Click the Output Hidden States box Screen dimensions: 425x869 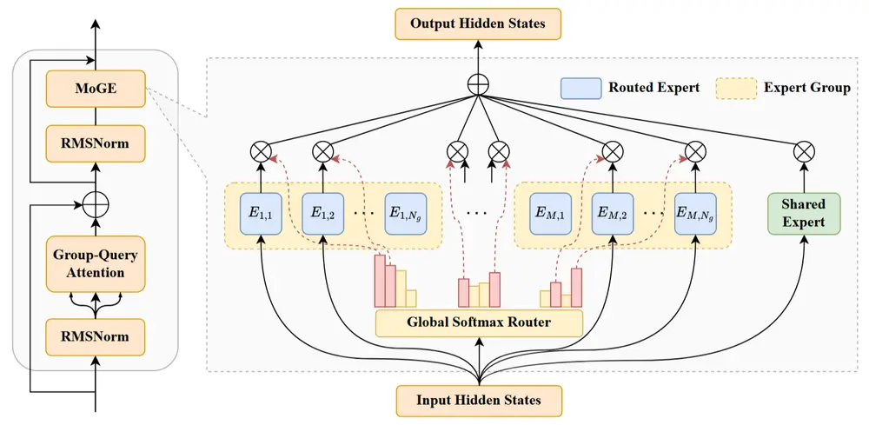click(x=479, y=23)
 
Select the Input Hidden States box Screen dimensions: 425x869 click(x=479, y=400)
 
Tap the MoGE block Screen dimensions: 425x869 click(x=95, y=90)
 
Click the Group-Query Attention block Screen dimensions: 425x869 click(x=95, y=262)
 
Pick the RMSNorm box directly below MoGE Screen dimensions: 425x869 click(x=95, y=143)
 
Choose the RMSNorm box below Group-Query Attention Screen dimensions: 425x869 click(x=95, y=336)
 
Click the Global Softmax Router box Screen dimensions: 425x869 click(x=479, y=322)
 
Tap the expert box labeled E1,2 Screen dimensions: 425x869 click(x=323, y=213)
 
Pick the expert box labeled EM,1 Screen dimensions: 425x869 click(x=549, y=213)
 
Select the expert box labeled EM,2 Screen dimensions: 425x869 click(x=613, y=213)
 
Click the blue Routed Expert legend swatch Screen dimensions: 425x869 click(x=580, y=88)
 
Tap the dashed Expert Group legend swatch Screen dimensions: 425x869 click(x=735, y=88)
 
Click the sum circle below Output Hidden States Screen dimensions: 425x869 click(x=479, y=84)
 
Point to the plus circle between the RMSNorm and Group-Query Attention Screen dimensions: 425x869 click(x=95, y=205)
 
